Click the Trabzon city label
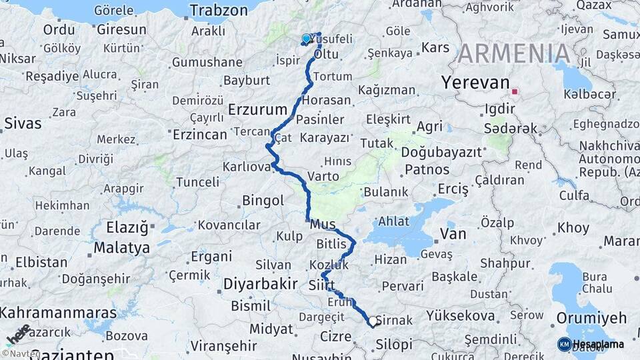[x=219, y=10]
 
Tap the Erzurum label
[x=257, y=109]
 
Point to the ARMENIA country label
[x=514, y=53]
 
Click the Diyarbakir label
[x=260, y=284]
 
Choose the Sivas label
[x=23, y=123]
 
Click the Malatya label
[x=121, y=248]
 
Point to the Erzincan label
[x=199, y=135]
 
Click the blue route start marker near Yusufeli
[x=306, y=39]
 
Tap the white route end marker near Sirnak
[x=372, y=323]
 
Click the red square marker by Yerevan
[x=515, y=91]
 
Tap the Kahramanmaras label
[x=59, y=312]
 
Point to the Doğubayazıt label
[x=441, y=152]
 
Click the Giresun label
[x=121, y=29]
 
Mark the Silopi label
[x=394, y=345]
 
